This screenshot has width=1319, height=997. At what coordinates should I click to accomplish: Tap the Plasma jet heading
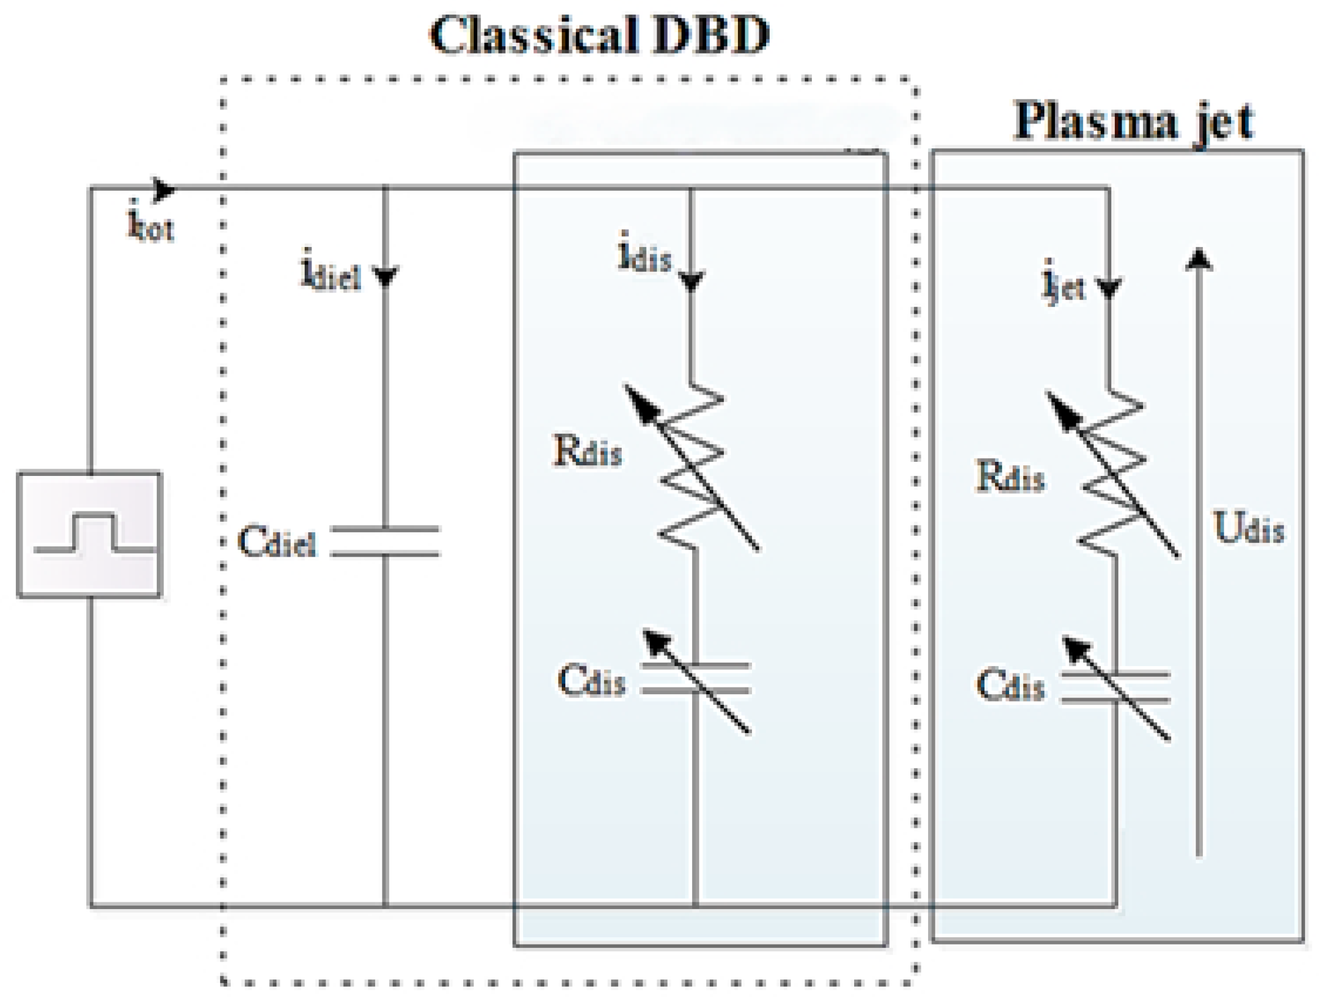point(1133,122)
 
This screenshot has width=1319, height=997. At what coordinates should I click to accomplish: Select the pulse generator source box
point(90,535)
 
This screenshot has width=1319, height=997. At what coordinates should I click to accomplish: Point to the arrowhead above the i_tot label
point(164,190)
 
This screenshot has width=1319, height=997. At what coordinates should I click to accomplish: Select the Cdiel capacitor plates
point(385,542)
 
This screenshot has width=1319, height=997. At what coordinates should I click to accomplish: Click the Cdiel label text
point(277,542)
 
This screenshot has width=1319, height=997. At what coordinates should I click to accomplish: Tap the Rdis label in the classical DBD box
point(588,451)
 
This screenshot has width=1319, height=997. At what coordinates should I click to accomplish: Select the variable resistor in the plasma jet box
point(1112,474)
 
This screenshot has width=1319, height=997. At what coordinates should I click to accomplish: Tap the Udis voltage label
point(1248,527)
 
